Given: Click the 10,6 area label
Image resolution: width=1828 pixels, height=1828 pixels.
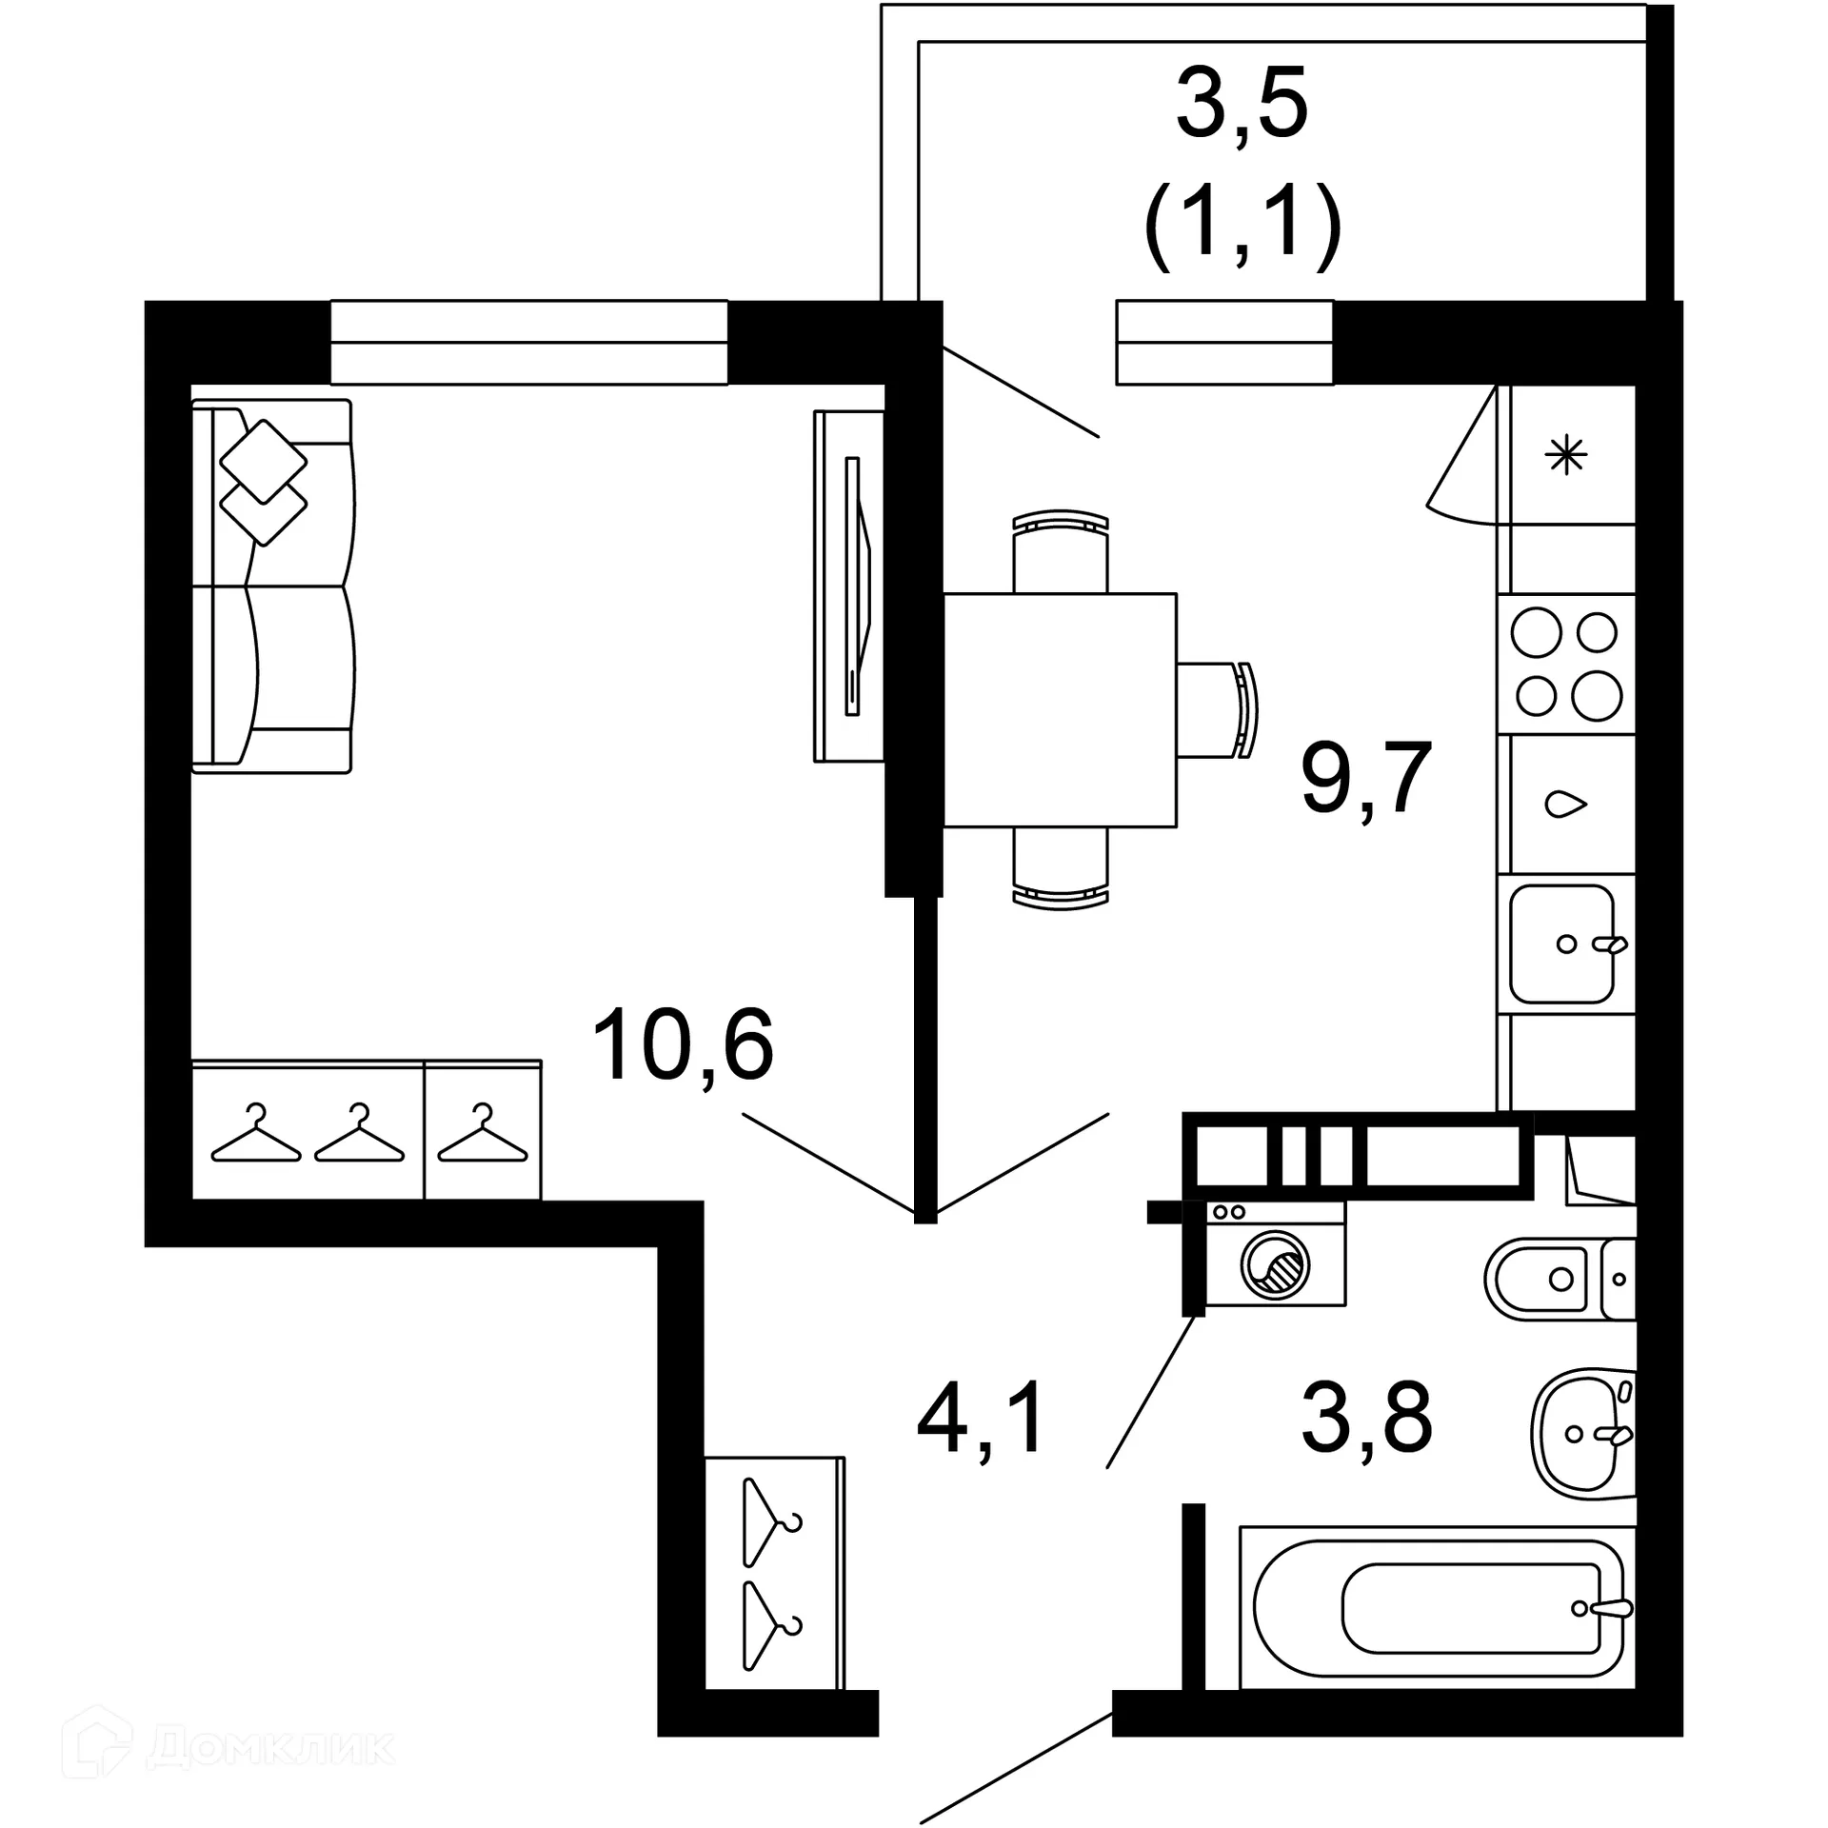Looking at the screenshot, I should [683, 1045].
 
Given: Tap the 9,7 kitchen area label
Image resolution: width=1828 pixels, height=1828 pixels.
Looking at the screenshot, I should [1366, 778].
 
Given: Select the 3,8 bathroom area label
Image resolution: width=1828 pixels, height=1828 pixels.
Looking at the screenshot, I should [1366, 1419].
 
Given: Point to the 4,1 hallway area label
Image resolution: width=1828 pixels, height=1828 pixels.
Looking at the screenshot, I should [981, 1419].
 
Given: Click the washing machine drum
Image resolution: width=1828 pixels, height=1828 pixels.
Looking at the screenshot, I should [1275, 1265].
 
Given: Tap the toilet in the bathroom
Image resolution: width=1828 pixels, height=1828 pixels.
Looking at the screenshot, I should [1547, 1279].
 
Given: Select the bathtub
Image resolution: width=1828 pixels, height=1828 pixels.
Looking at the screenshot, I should [1438, 1609].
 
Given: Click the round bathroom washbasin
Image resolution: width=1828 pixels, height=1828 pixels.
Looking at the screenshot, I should [1580, 1434].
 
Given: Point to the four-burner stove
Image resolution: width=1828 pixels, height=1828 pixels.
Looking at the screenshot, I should [1566, 664].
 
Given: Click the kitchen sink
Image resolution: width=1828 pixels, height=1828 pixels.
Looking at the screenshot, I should [1561, 944].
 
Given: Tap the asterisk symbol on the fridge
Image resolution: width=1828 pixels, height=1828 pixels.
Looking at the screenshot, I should [1566, 455].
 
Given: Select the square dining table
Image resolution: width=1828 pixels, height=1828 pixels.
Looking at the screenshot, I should [1059, 709].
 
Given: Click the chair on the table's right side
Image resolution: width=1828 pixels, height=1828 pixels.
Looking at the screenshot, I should [1219, 709].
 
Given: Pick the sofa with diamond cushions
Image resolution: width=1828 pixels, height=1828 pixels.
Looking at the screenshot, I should [272, 586].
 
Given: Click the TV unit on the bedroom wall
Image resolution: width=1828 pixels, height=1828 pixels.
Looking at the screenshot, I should [849, 586].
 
